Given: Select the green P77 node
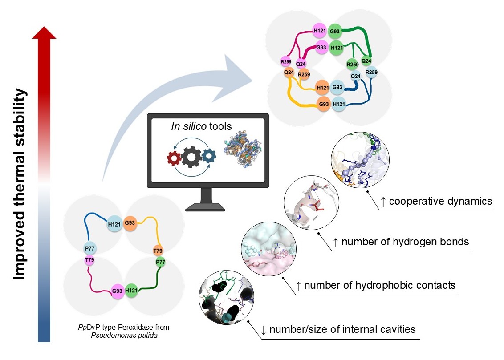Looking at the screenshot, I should pyautogui.click(x=160, y=262).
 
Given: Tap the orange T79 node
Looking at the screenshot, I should pyautogui.click(x=158, y=251).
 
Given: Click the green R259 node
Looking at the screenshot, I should pyautogui.click(x=352, y=65).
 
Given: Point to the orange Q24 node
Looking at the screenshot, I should pyautogui.click(x=289, y=72).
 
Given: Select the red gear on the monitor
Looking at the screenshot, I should pyautogui.click(x=173, y=157).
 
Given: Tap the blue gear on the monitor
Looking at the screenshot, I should pyautogui.click(x=208, y=156).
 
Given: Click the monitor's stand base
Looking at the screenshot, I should pyautogui.click(x=205, y=206).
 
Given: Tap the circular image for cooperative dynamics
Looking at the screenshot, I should pyautogui.click(x=360, y=160).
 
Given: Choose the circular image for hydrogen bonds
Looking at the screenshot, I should pyautogui.click(x=311, y=204).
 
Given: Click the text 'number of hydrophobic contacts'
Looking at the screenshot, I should pyautogui.click(x=380, y=285).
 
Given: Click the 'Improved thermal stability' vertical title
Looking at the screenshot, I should pyautogui.click(x=20, y=184).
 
